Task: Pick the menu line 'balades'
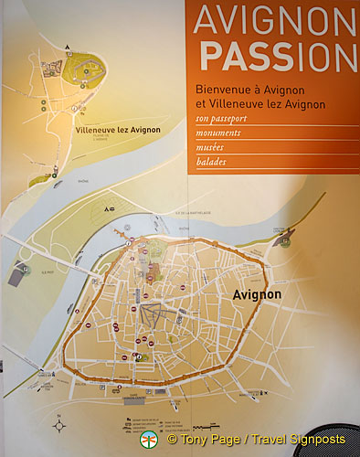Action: [x=212, y=162]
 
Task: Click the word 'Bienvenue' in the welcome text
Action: [x=220, y=90]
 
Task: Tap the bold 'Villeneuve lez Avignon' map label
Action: [x=112, y=130]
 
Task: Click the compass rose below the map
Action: [x=59, y=424]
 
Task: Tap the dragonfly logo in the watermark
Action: [x=148, y=441]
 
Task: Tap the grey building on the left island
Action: [x=19, y=271]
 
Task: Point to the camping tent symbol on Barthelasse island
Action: [x=108, y=209]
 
